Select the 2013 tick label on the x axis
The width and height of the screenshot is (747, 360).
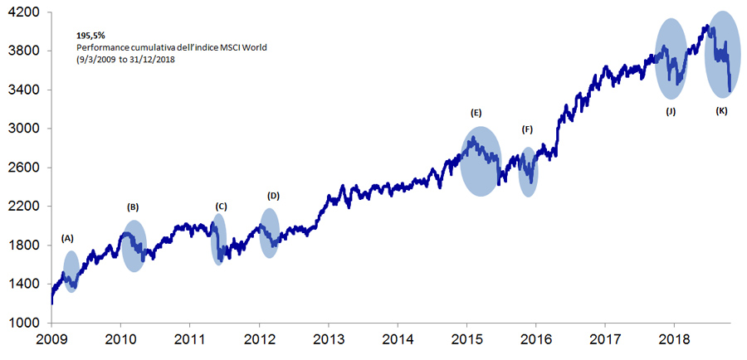click(328, 340)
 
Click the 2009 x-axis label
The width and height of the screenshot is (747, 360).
click(51, 340)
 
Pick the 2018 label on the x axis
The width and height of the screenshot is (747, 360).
click(673, 340)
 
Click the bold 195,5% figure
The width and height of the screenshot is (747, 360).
click(90, 36)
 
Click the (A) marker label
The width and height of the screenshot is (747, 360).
click(67, 238)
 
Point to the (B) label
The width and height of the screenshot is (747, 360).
click(133, 207)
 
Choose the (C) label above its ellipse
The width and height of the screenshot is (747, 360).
click(220, 206)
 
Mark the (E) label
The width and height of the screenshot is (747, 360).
click(476, 111)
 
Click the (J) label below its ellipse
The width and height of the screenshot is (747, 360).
click(671, 110)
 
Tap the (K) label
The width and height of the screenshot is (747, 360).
click(721, 110)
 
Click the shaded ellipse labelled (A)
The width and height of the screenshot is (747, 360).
click(71, 271)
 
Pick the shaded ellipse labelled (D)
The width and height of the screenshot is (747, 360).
click(269, 233)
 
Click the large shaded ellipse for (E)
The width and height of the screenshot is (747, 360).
click(481, 161)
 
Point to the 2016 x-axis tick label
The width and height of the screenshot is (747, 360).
click(535, 340)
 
